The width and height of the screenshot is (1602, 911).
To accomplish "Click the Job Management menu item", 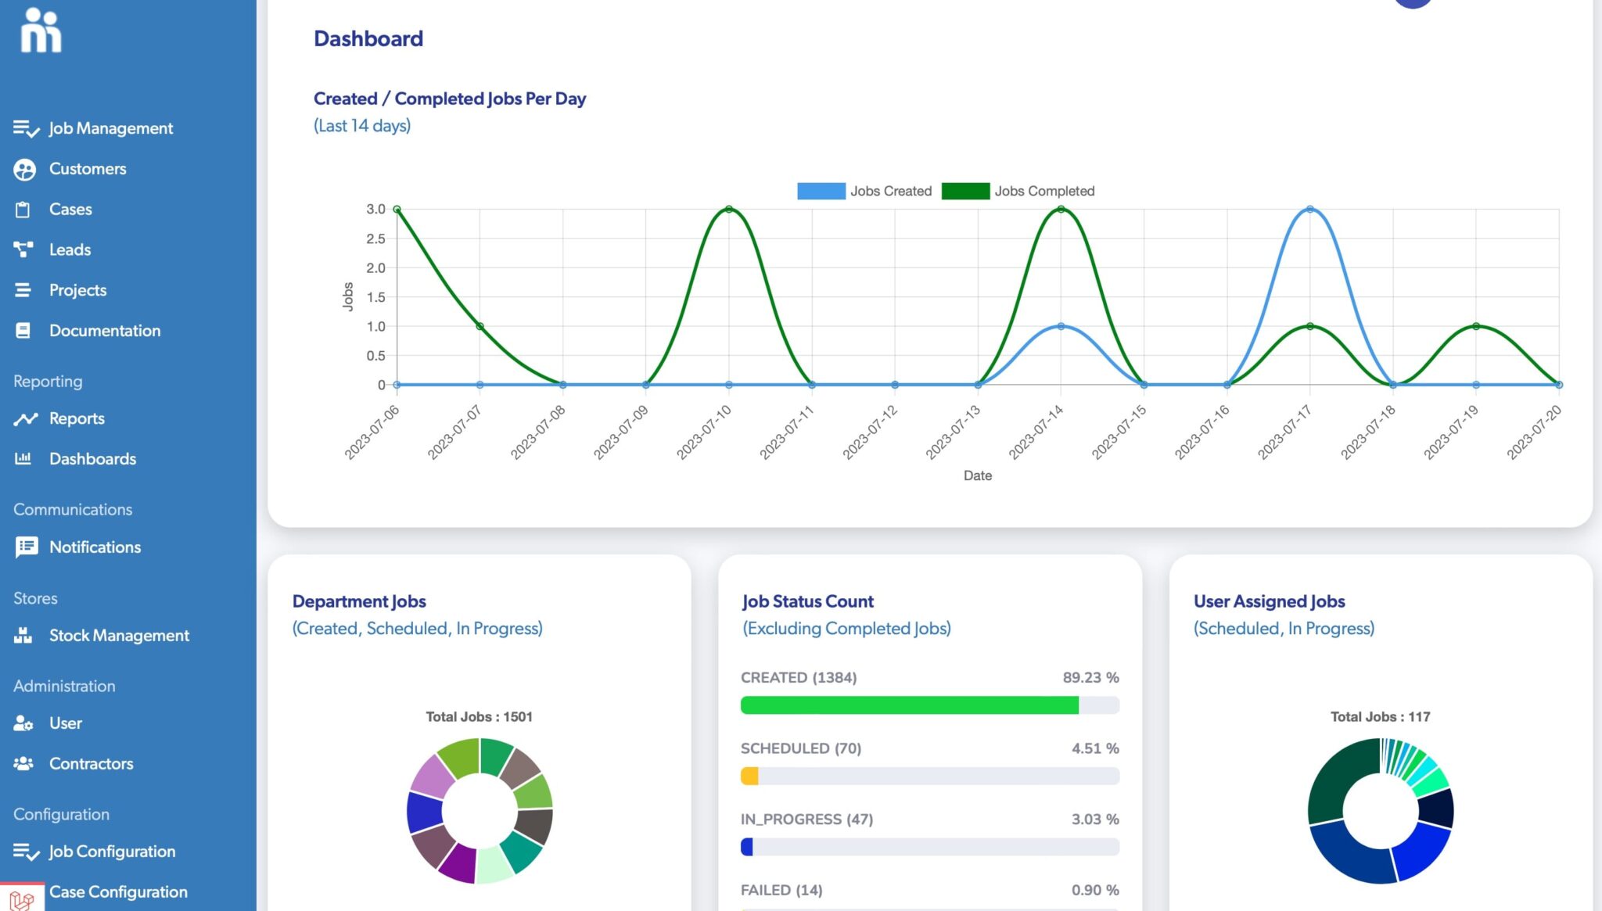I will [110, 128].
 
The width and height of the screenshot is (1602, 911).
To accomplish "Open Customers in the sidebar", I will [87, 169].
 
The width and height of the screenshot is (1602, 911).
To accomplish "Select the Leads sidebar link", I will [70, 250].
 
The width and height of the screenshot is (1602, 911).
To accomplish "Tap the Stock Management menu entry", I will [119, 636].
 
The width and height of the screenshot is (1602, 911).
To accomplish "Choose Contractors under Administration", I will [91, 764].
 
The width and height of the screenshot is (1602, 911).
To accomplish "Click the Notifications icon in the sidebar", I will [26, 547].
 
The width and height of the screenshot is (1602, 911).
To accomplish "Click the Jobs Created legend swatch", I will [821, 192].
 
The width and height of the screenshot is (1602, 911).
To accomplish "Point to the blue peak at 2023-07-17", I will [1309, 210].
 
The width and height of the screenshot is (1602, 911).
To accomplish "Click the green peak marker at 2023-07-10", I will [729, 210].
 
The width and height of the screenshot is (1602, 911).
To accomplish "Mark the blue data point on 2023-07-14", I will [1061, 326].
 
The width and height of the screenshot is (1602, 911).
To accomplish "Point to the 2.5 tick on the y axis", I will [375, 239].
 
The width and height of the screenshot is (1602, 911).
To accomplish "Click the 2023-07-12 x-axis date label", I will [871, 432].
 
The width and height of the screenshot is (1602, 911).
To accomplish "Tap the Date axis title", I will [977, 475].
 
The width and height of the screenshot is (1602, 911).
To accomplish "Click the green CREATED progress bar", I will [909, 705].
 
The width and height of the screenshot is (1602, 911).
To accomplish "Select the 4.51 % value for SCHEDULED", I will [1094, 748].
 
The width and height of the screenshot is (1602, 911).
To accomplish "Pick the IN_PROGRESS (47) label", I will [806, 820].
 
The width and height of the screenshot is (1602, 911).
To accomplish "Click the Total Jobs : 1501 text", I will [479, 717].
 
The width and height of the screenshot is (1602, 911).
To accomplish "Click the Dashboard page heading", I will [368, 39].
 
